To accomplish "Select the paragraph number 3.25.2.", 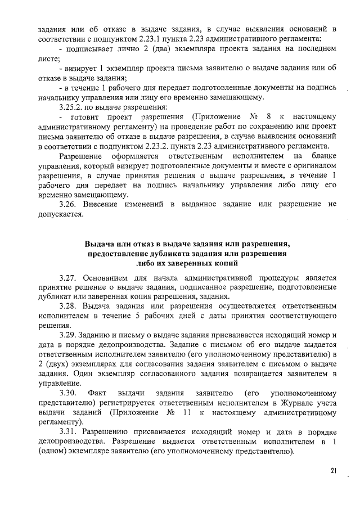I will pos(71,107).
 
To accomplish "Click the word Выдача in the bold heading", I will pos(99,245).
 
